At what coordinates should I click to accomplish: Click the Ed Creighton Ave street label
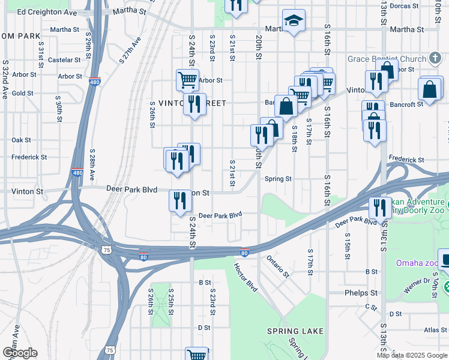pyautogui.click(x=47, y=12)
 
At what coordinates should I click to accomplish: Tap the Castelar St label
pyautogui.click(x=64, y=60)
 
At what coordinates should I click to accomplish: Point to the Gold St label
pyautogui.click(x=23, y=93)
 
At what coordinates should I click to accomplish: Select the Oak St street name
pyautogui.click(x=21, y=140)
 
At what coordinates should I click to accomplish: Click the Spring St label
pyautogui.click(x=278, y=179)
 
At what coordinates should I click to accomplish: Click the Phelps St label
pyautogui.click(x=361, y=293)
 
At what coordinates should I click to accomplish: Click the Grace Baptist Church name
pyautogui.click(x=387, y=59)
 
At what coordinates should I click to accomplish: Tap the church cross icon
pyautogui.click(x=436, y=59)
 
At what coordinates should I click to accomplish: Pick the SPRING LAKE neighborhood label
pyautogui.click(x=295, y=331)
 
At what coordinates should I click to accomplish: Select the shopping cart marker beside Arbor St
pyautogui.click(x=187, y=79)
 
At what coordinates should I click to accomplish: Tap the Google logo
pyautogui.click(x=20, y=353)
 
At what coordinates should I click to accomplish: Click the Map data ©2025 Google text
pyautogui.click(x=412, y=355)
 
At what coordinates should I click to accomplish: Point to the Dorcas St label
pyautogui.click(x=403, y=6)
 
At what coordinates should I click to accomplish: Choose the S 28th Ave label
pyautogui.click(x=92, y=165)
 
